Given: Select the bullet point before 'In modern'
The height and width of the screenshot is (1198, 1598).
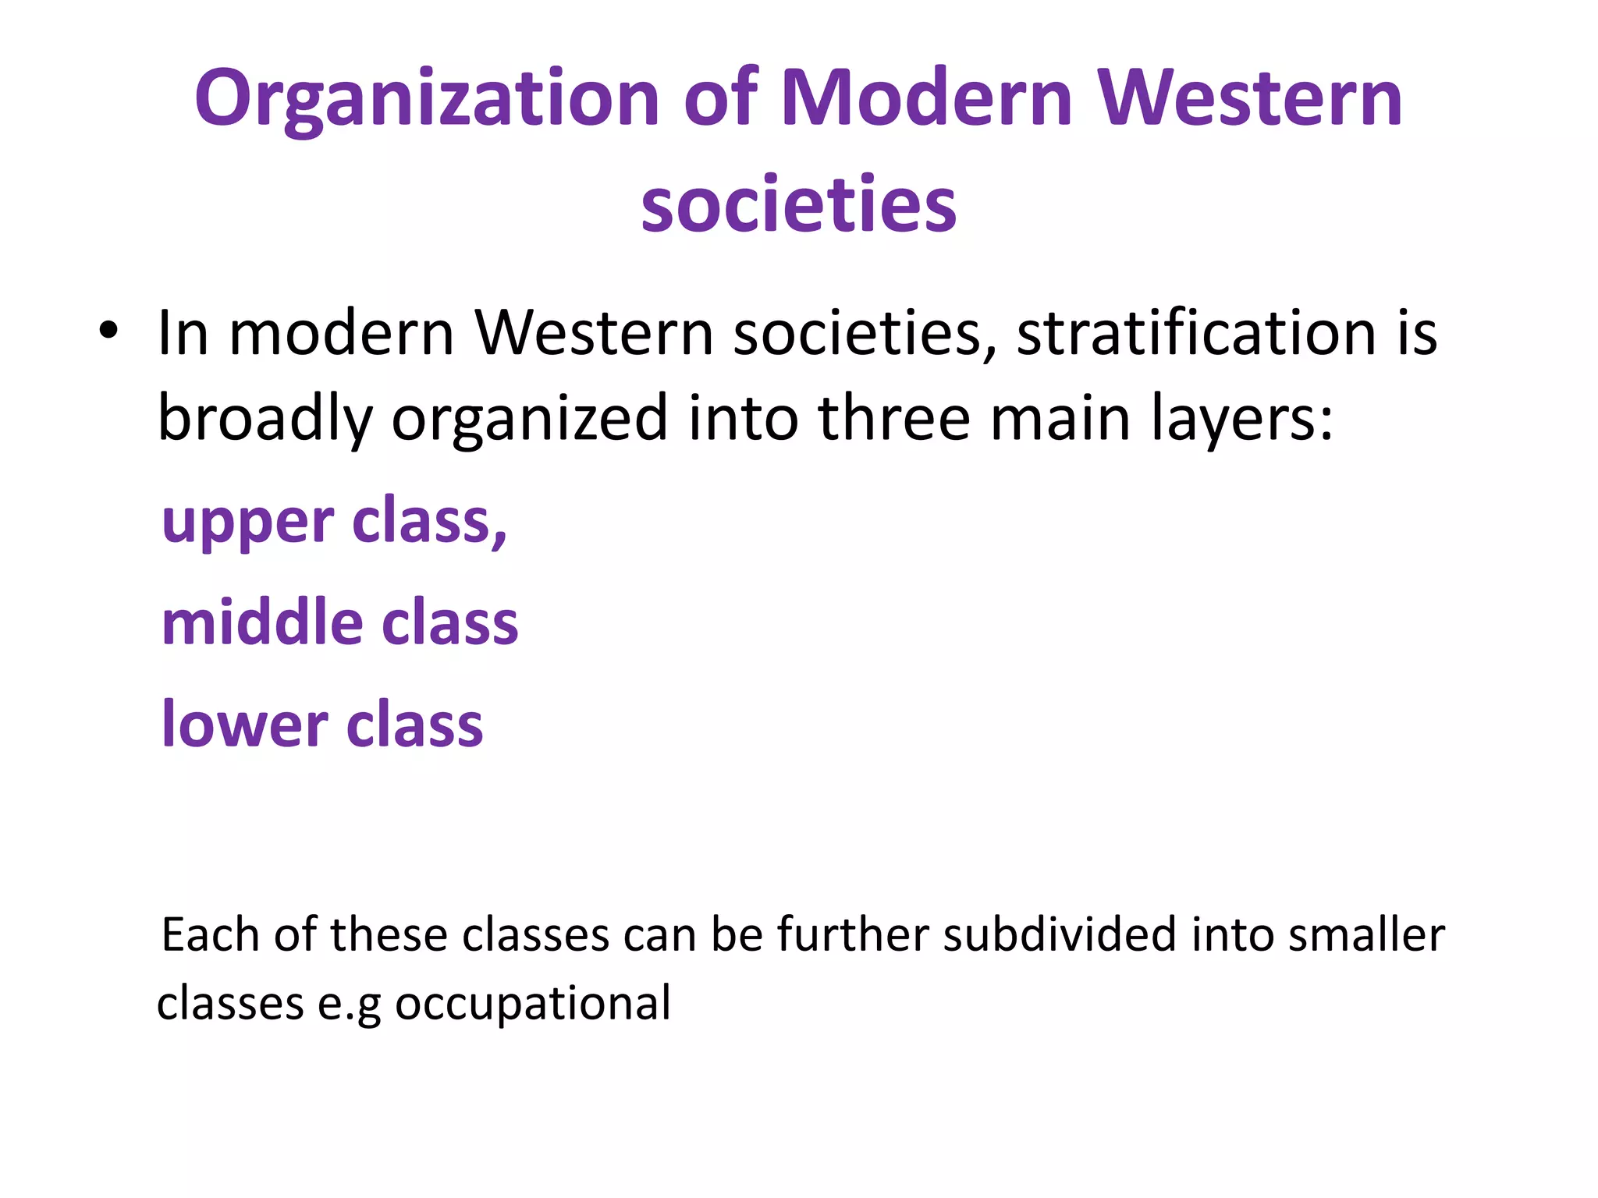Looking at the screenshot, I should [x=108, y=331].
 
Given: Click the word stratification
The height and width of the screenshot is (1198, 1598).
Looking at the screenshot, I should [x=1197, y=333].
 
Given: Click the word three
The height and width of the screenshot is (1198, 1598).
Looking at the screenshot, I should [x=894, y=417].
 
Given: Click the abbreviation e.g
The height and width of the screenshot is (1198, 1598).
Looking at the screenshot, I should [x=349, y=1004].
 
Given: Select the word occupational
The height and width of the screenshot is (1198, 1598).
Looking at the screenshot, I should [x=533, y=1004].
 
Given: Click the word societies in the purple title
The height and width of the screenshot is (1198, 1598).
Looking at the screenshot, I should [x=798, y=204].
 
